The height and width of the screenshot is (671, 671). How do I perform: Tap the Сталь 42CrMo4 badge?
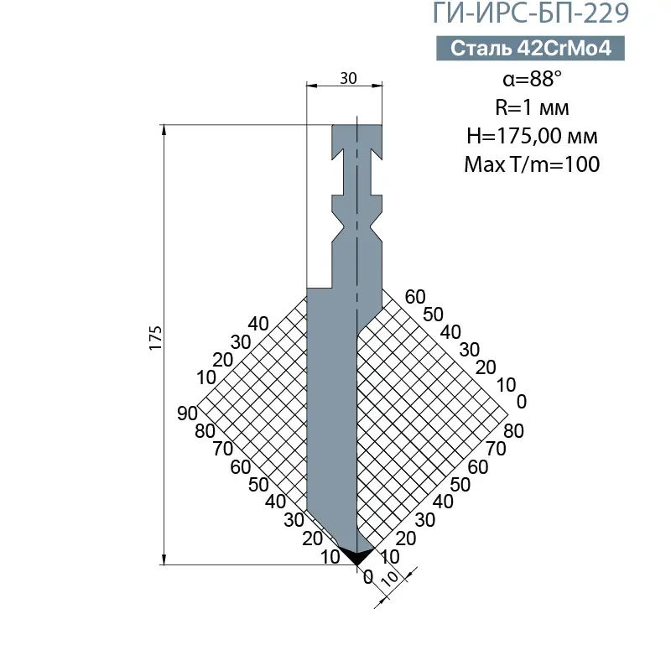click(x=531, y=49)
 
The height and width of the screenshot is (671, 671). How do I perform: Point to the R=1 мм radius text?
click(x=532, y=107)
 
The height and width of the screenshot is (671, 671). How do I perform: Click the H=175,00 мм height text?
click(x=532, y=136)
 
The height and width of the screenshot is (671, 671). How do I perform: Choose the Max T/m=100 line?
click(x=532, y=164)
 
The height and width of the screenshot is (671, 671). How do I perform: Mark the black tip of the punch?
click(x=357, y=556)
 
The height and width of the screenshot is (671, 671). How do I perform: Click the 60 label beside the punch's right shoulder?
click(x=415, y=296)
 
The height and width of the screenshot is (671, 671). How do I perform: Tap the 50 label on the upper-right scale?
click(x=433, y=314)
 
